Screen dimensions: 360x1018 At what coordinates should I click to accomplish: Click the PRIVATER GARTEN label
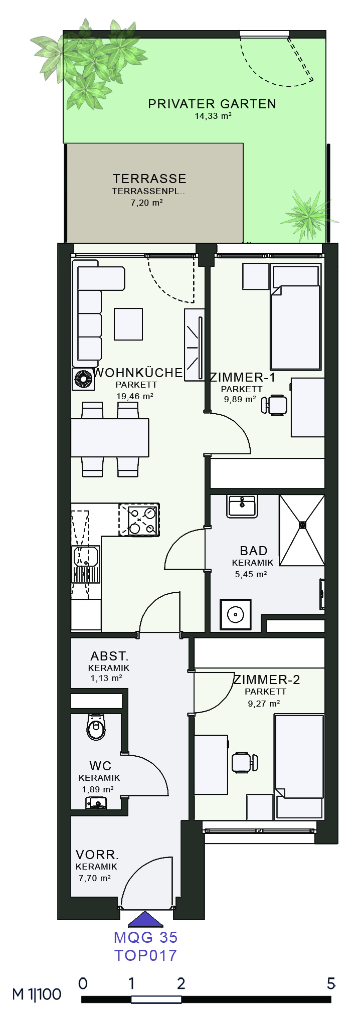pos(212,104)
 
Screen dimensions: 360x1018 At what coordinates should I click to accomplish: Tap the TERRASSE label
pos(149,179)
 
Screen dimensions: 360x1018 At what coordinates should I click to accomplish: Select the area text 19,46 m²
pos(135,396)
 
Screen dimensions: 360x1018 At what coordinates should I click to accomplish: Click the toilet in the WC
pos(96,727)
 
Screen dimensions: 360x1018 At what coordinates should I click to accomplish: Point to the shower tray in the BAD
pos(302,531)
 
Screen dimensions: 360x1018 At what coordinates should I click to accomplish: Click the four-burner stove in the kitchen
pos(139,520)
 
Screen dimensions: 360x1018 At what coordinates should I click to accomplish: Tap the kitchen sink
pos(85,564)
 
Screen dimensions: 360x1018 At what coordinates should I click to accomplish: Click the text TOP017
pos(146,955)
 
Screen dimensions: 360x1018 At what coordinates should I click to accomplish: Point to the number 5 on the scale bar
pos(331,983)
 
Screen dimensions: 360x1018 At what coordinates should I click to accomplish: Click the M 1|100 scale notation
pos(37,994)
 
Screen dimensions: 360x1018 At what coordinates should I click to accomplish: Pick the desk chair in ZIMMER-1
pos(275,405)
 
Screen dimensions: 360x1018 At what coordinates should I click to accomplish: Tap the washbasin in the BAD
pos(242,506)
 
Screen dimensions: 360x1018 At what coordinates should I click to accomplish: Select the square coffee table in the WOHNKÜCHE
pos(128,324)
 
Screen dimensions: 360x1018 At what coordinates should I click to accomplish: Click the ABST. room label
pos(109,656)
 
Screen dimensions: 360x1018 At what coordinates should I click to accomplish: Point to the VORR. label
pos(97,855)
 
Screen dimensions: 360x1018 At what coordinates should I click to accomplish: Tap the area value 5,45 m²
pos(251,575)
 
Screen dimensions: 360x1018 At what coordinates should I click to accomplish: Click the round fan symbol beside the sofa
pos(83,379)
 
